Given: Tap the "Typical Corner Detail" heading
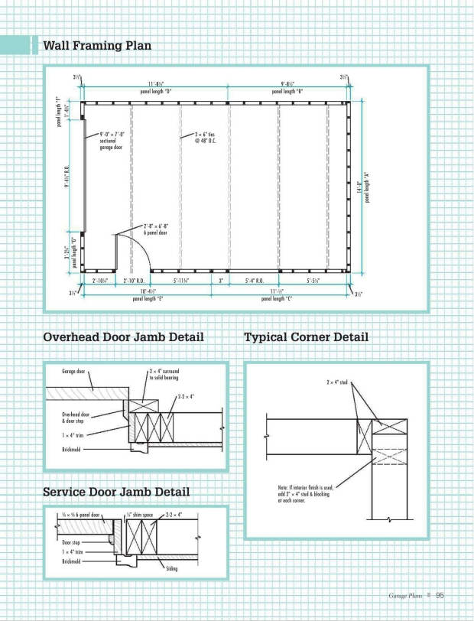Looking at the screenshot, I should (x=306, y=337).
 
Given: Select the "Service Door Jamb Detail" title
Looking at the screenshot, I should (x=116, y=492).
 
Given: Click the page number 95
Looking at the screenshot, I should (x=440, y=597).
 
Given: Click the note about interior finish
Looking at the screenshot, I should (x=305, y=493).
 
